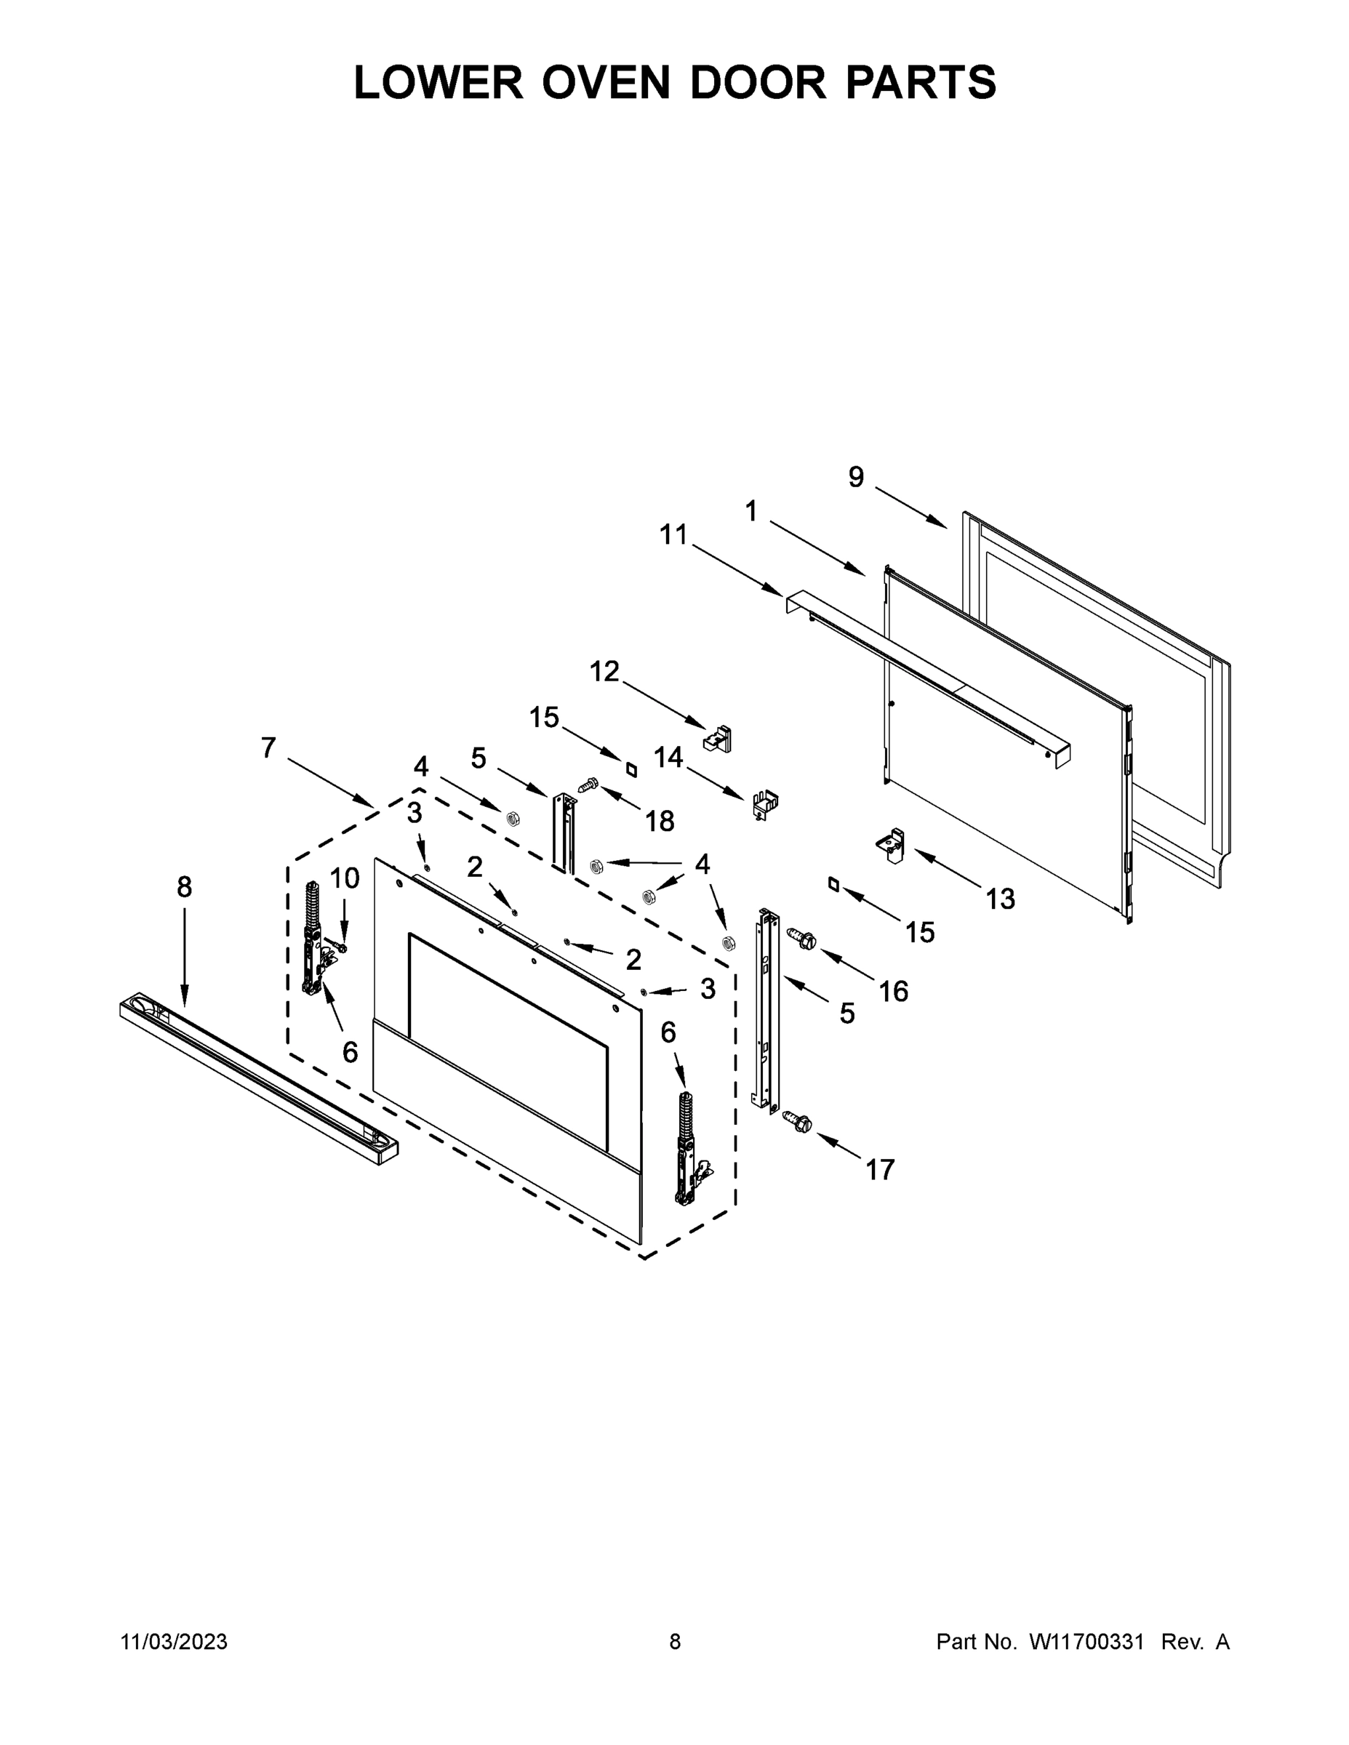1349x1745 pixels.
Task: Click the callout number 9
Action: point(856,477)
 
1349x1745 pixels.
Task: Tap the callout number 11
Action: point(673,534)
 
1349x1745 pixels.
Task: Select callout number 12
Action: point(604,672)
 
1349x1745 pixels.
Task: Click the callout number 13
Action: point(1000,899)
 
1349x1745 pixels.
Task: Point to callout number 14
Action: point(668,757)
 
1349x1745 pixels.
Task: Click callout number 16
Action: point(894,992)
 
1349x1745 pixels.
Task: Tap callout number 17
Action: point(880,1170)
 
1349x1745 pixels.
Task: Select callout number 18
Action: point(660,821)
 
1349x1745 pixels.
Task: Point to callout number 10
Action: point(345,878)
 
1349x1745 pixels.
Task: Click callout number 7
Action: point(268,748)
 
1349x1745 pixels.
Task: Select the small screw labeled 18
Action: point(589,786)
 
